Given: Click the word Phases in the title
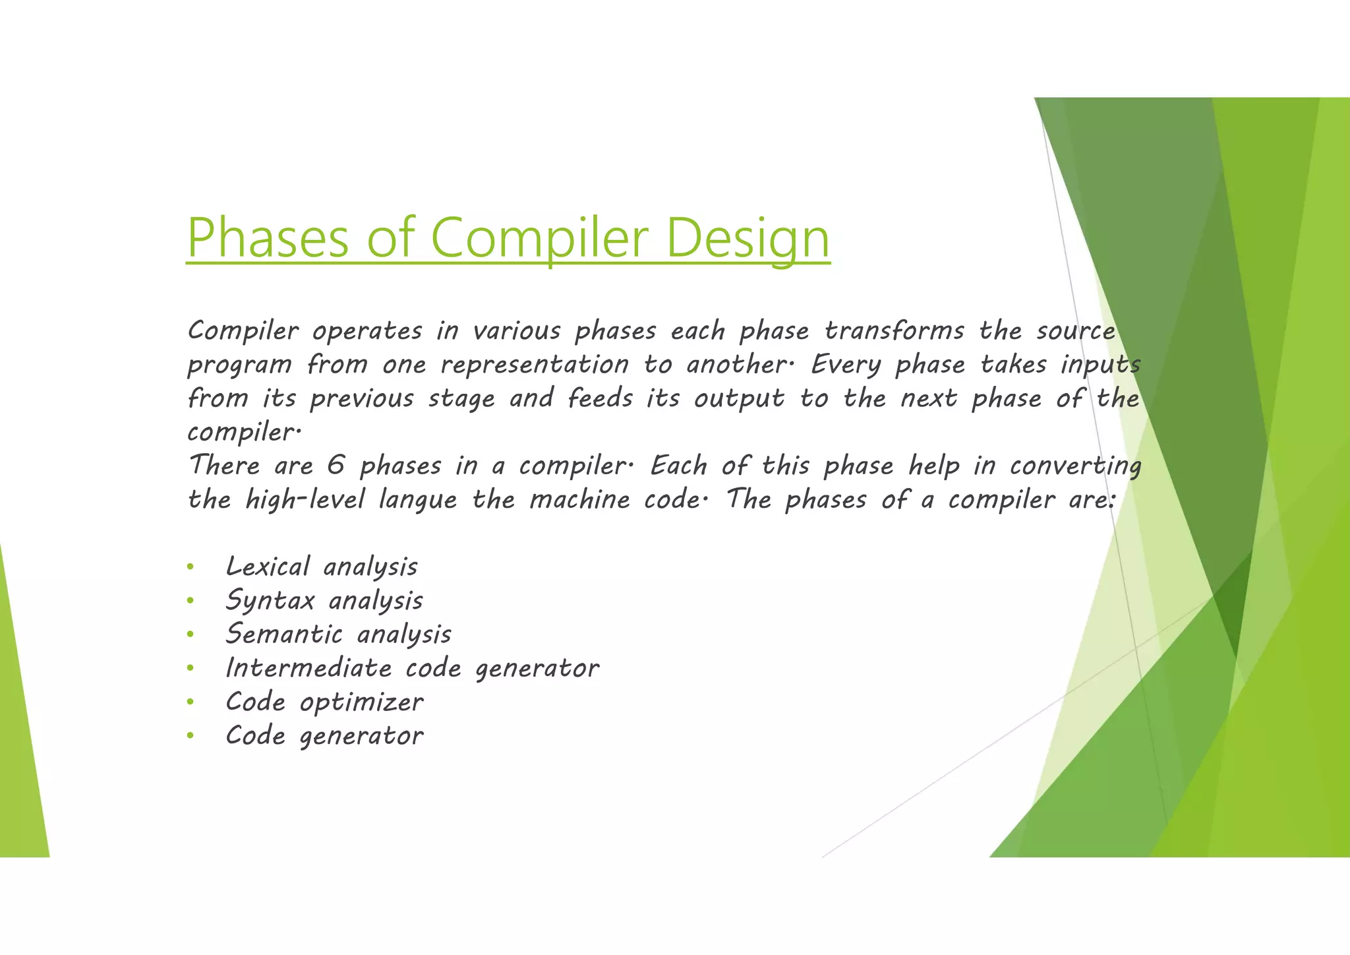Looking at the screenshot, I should (267, 239).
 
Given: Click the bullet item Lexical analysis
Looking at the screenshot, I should (321, 567).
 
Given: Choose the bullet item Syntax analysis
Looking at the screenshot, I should (324, 601).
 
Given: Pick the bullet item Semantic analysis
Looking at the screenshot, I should (338, 634).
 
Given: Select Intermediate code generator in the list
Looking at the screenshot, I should (412, 668).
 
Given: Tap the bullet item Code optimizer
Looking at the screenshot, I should (324, 702).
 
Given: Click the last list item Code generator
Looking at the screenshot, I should (324, 736).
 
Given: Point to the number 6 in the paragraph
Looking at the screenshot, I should (336, 466).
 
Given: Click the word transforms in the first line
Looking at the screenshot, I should (894, 330).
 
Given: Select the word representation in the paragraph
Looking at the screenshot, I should (535, 365).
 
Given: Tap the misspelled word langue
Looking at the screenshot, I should (417, 500).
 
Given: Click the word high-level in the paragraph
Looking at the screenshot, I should (305, 500).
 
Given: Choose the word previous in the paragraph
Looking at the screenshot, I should (361, 398).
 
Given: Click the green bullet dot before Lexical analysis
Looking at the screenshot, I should (190, 567).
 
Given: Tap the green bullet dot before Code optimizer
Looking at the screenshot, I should (190, 702).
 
